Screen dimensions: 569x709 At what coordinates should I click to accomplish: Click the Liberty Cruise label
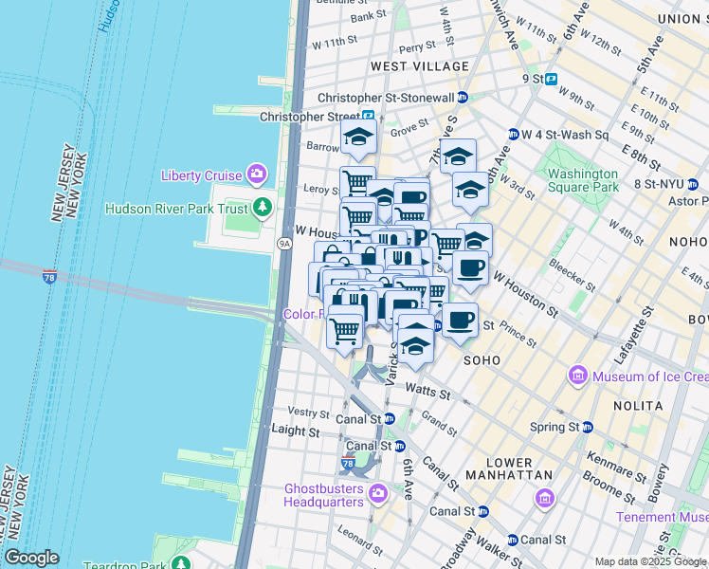(x=201, y=175)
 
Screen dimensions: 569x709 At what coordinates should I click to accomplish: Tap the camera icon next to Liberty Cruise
(x=256, y=174)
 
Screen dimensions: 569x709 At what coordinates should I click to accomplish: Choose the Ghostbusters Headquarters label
(x=324, y=495)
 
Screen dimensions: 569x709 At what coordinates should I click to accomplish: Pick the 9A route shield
(x=283, y=244)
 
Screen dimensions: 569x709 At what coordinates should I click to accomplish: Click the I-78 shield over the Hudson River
(x=49, y=277)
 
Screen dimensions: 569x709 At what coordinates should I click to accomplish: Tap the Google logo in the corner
(x=32, y=558)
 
